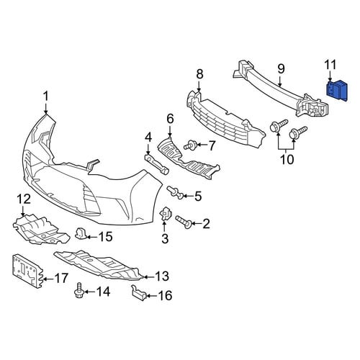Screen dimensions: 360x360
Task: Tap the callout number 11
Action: click(x=330, y=65)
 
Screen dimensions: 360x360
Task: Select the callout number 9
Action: click(x=281, y=69)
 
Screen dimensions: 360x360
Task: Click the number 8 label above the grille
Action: click(x=199, y=74)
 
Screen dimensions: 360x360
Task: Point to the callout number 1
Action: click(x=45, y=96)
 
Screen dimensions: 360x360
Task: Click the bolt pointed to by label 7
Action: click(x=191, y=145)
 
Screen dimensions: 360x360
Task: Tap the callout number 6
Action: click(x=170, y=120)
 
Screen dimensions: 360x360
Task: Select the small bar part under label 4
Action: click(x=157, y=164)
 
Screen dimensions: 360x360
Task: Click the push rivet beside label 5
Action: click(x=176, y=193)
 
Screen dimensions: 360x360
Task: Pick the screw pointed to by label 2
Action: click(x=184, y=222)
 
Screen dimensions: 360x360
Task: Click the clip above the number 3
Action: click(x=166, y=213)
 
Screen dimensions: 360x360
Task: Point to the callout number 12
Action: click(x=24, y=199)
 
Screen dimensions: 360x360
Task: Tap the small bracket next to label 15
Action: click(x=81, y=234)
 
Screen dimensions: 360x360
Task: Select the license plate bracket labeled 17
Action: click(x=27, y=271)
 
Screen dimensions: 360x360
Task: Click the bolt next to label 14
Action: click(x=78, y=290)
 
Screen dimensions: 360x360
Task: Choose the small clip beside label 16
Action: click(x=139, y=292)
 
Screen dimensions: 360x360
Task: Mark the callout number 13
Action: click(x=162, y=276)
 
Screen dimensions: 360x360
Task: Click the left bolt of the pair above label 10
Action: click(x=279, y=125)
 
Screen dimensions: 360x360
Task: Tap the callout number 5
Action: click(x=198, y=197)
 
